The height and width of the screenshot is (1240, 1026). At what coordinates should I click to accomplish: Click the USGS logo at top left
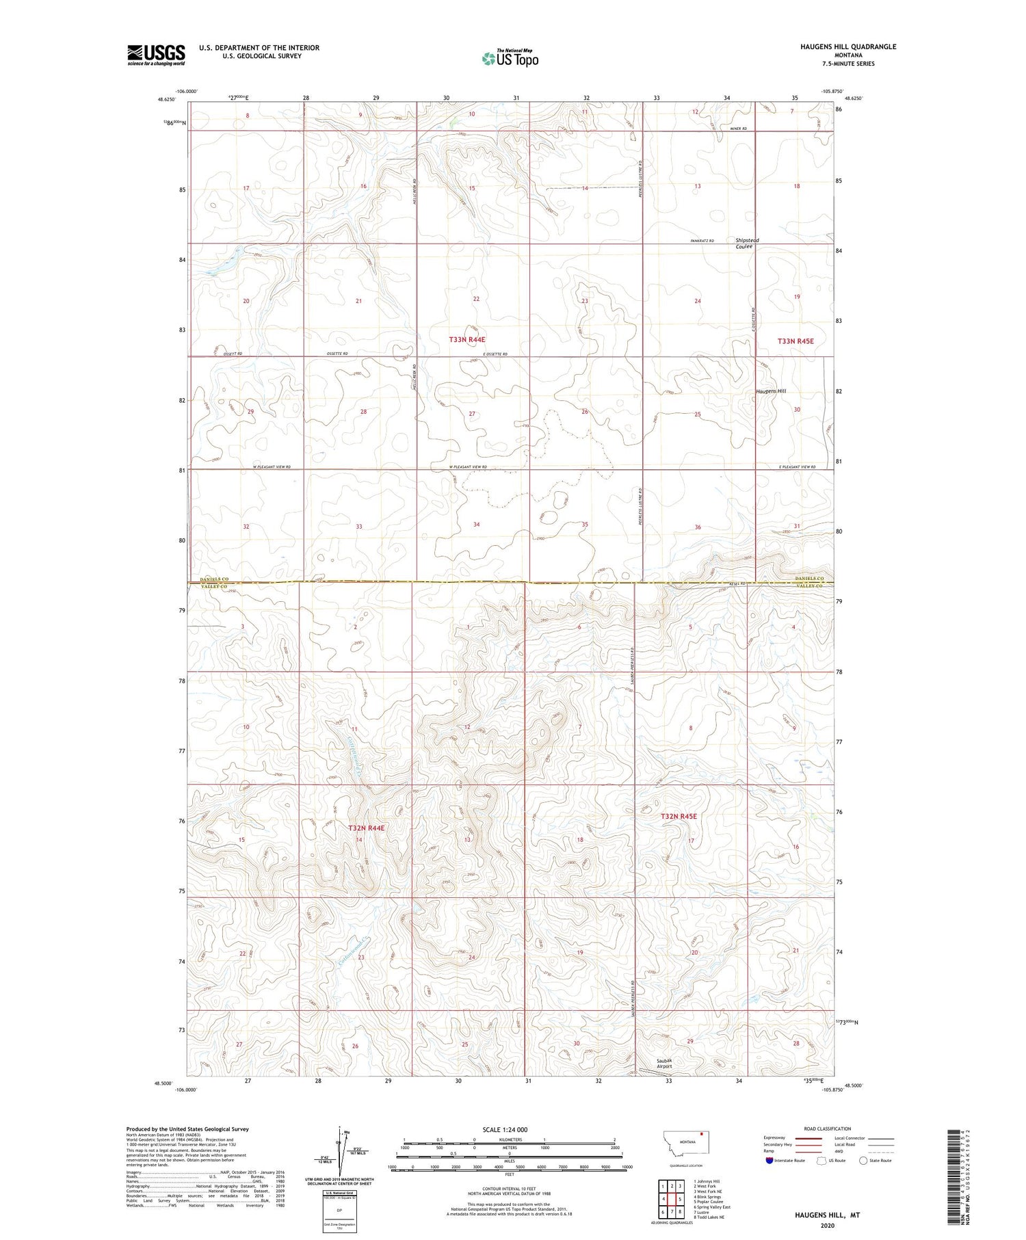tap(156, 55)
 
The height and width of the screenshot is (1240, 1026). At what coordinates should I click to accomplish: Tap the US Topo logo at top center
tap(510, 59)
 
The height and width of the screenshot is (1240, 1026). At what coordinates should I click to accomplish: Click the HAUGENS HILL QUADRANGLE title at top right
tap(848, 47)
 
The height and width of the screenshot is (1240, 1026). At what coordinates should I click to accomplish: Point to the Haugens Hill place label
tap(770, 391)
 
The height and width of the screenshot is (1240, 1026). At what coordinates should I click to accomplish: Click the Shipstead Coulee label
tap(747, 243)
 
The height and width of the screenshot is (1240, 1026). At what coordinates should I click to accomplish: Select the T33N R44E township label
tap(467, 339)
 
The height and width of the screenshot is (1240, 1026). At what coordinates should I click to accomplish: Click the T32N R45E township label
tap(679, 816)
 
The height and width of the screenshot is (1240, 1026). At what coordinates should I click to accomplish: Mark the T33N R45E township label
tap(795, 341)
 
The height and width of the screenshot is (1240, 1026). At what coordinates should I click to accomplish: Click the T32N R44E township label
tap(367, 828)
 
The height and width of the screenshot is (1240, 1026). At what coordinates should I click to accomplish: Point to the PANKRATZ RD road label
tap(701, 241)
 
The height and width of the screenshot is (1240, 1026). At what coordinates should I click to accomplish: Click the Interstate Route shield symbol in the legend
tap(770, 1161)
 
